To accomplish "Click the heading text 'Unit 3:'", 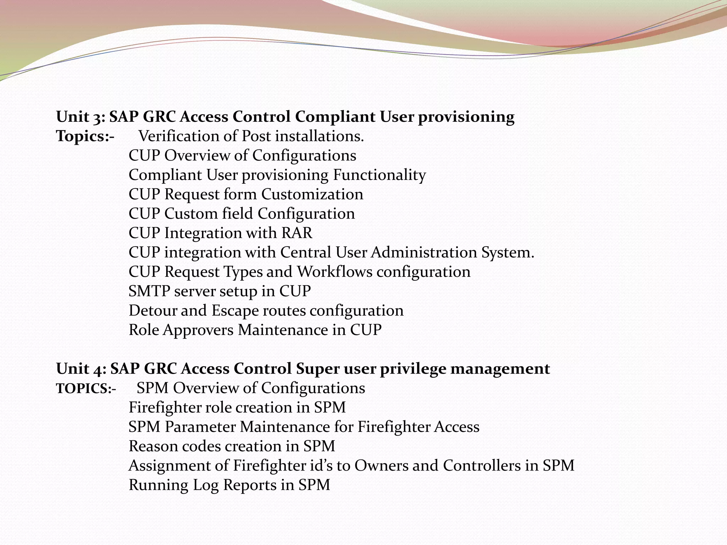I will (81, 117).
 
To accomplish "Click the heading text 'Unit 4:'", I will (81, 369).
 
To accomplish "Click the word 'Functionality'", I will (379, 175).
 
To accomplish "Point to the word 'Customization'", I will (312, 194).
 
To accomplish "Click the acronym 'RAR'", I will (297, 233).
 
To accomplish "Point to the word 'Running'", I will (158, 485).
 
